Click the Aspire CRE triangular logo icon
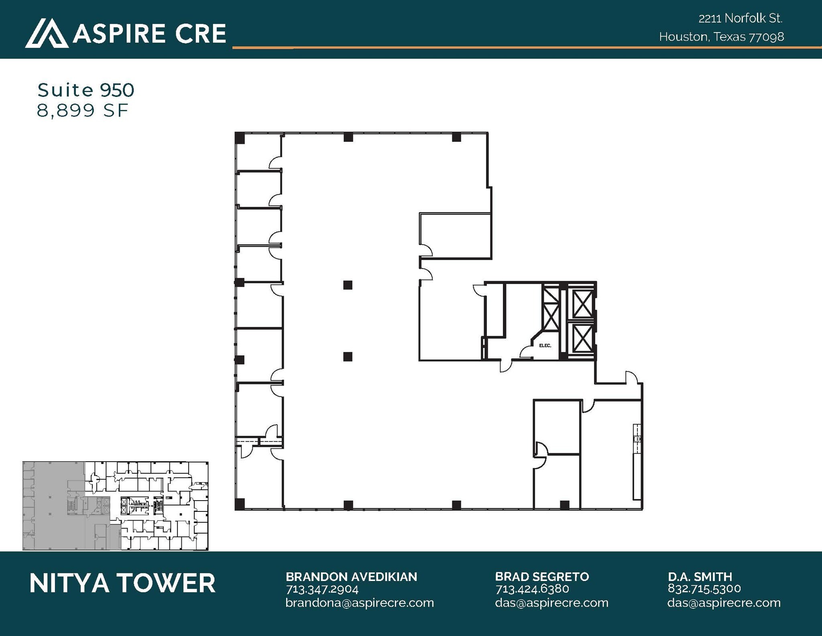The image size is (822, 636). [x=47, y=33]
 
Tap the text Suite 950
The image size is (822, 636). [x=86, y=90]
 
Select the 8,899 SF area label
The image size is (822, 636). [x=82, y=110]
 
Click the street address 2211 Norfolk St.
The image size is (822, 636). [x=741, y=18]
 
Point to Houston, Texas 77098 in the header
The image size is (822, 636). [x=721, y=37]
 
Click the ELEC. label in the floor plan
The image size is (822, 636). [x=545, y=346]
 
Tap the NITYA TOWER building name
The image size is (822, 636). [x=122, y=583]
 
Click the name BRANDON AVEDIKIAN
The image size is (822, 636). [x=351, y=577]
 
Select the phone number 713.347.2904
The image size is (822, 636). [x=322, y=589]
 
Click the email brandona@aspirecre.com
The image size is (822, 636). [x=360, y=603]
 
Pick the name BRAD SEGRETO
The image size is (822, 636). [x=542, y=577]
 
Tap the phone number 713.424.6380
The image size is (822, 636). [x=532, y=589]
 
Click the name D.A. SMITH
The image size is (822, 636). [x=700, y=577]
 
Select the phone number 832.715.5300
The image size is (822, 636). [x=704, y=589]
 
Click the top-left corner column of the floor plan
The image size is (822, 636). [x=240, y=138]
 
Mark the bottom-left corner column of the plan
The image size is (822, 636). [x=240, y=504]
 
